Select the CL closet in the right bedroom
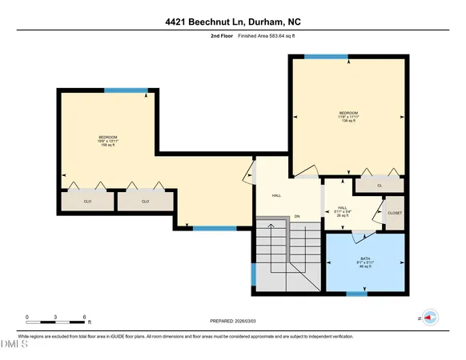pos(380,186)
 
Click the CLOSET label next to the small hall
pos(395,213)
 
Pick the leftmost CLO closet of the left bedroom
pos(87,202)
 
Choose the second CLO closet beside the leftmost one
pos(145,202)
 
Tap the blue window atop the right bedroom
pos(326,56)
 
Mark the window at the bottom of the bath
pos(356,294)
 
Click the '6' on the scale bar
pos(85,317)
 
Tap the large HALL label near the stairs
pos(276,195)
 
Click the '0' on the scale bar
pos(27,317)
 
